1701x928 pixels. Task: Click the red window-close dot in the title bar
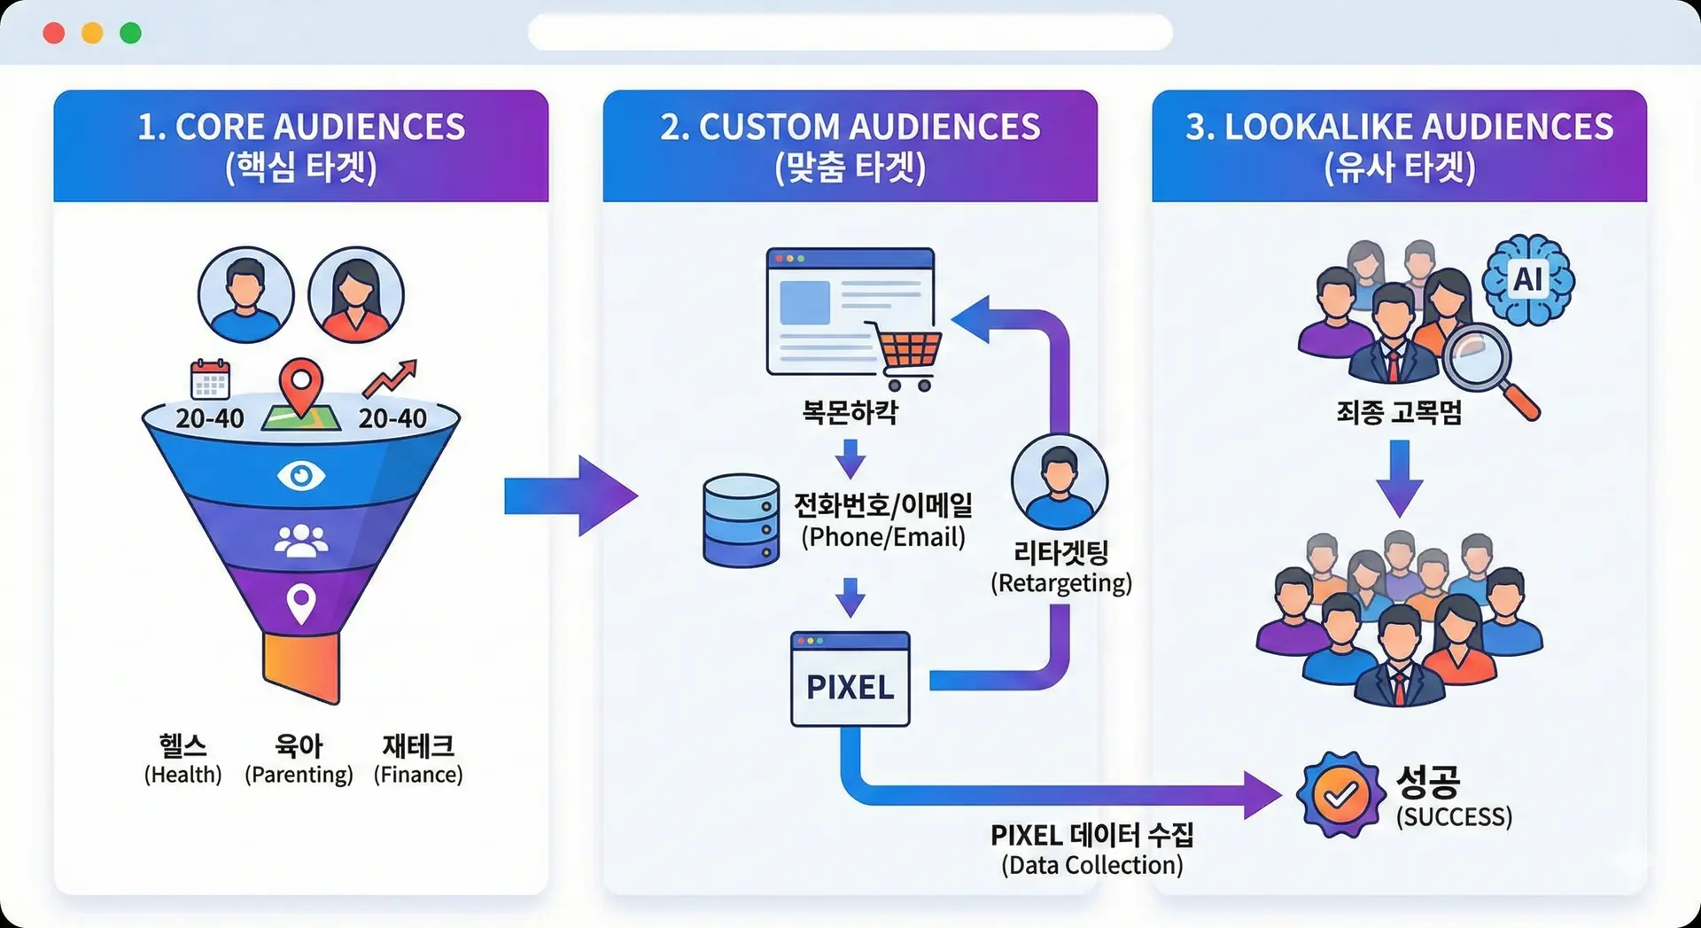click(x=54, y=34)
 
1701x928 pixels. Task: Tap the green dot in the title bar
click(x=130, y=34)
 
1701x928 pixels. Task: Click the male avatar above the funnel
click(x=245, y=295)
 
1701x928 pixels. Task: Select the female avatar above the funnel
click(x=355, y=295)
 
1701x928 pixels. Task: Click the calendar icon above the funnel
click(x=210, y=379)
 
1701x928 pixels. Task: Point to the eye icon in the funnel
click(x=301, y=476)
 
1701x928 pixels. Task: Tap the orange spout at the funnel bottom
click(x=301, y=667)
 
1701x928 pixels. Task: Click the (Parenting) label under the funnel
click(x=299, y=775)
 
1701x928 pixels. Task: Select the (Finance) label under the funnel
click(x=418, y=775)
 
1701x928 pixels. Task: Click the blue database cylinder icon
click(x=741, y=520)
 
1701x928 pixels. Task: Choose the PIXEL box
click(x=850, y=680)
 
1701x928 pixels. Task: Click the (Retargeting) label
click(x=1060, y=583)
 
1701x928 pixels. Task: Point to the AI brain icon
click(x=1528, y=280)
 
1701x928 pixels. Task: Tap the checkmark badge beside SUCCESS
click(x=1340, y=794)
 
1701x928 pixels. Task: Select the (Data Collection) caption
click(x=1091, y=865)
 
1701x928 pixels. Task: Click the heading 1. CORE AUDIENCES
click(x=301, y=127)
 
